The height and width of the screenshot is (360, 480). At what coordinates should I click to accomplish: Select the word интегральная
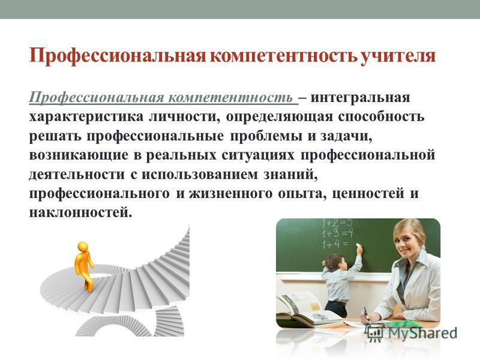point(361,98)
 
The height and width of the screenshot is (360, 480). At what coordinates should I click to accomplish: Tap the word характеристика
point(86,117)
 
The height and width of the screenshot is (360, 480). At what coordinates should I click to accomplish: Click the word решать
point(55,136)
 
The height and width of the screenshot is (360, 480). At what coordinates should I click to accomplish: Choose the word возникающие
point(79,155)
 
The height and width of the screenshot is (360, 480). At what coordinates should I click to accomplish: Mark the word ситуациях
point(258,155)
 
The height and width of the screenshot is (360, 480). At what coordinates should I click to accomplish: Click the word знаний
point(289,175)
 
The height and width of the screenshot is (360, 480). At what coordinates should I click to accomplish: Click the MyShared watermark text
point(423,333)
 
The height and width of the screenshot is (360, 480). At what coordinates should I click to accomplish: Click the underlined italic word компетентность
point(230,98)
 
